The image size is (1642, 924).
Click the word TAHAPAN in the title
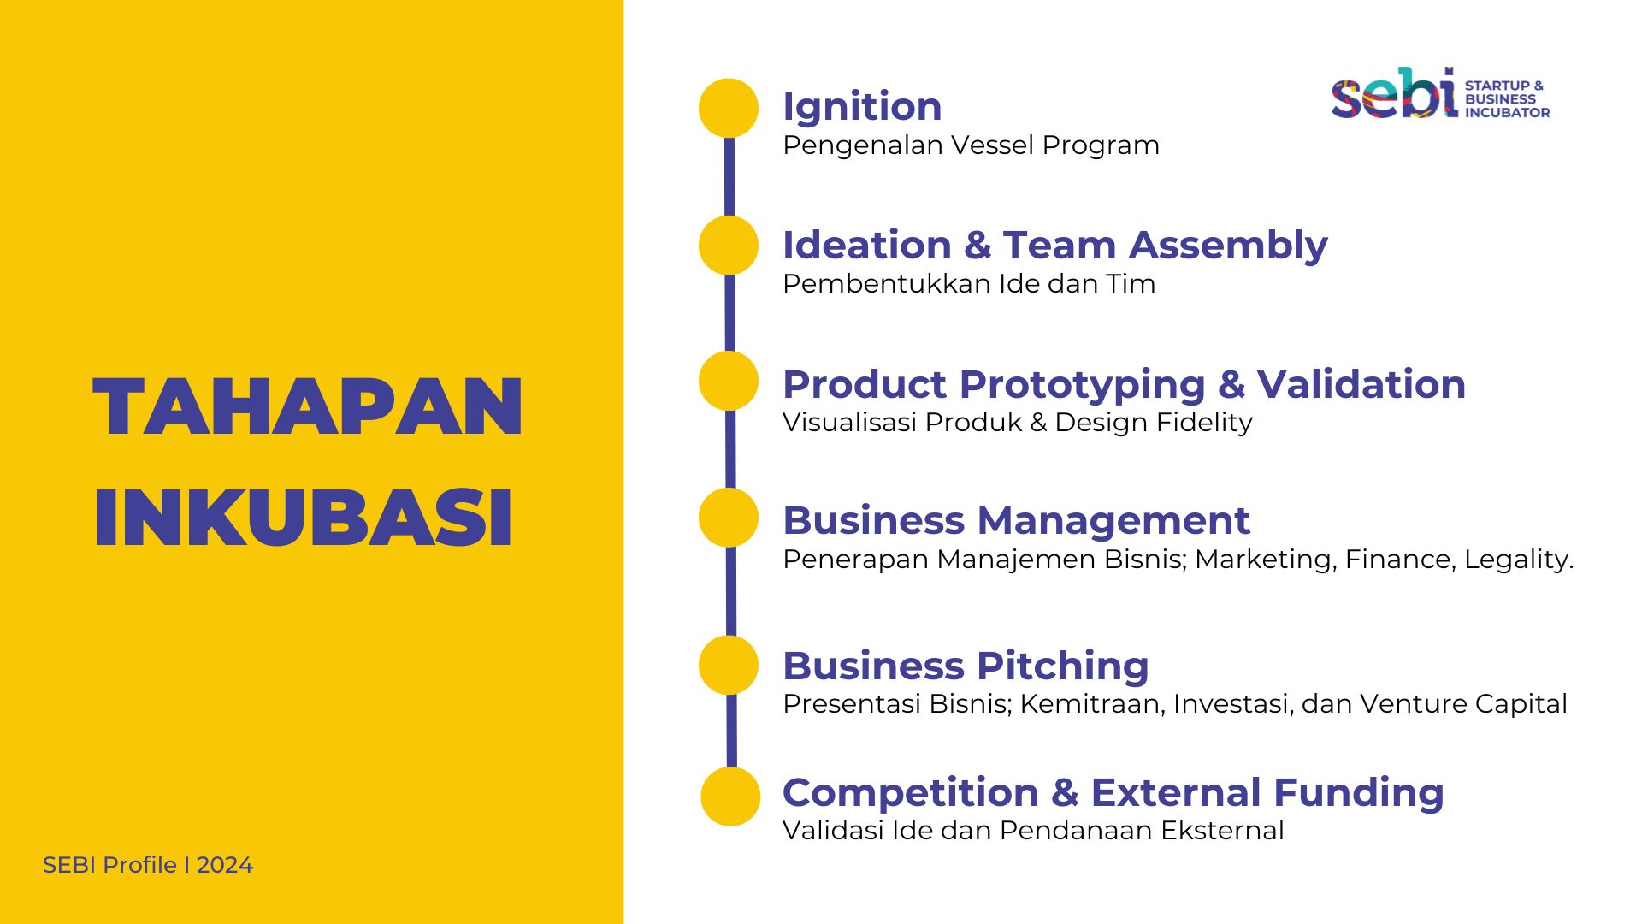tap(308, 407)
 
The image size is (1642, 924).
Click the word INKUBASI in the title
tap(304, 518)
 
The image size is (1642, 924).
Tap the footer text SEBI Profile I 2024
tap(148, 865)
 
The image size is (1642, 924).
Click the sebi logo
tap(1441, 93)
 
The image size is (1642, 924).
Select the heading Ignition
tap(862, 107)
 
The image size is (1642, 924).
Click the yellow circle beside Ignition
tap(729, 108)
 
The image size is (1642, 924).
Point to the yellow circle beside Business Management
tap(729, 518)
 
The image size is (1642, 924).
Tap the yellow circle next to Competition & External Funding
tap(730, 797)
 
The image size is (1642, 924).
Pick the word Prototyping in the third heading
tap(1083, 386)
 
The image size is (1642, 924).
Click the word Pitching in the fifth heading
tap(1063, 667)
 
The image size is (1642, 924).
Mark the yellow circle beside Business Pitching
tap(729, 665)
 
